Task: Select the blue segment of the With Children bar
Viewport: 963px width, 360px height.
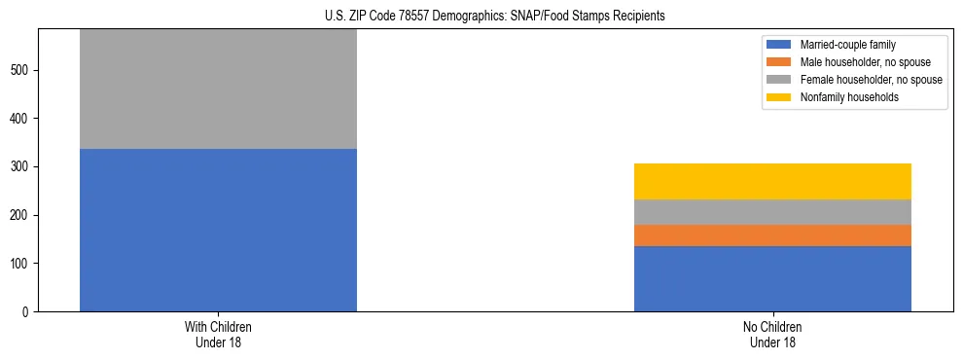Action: coord(218,230)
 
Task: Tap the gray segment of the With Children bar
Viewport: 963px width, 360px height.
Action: coord(218,90)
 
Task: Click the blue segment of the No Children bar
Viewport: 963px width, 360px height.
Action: coord(772,278)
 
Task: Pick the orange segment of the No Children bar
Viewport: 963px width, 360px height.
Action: coord(772,235)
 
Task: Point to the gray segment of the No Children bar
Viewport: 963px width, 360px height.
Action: coord(772,212)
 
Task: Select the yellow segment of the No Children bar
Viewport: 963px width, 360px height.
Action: coord(772,181)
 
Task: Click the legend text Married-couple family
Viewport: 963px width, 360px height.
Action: coord(849,45)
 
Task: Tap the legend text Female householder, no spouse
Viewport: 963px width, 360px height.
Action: coord(871,80)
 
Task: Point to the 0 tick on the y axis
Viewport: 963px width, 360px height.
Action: coord(27,311)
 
